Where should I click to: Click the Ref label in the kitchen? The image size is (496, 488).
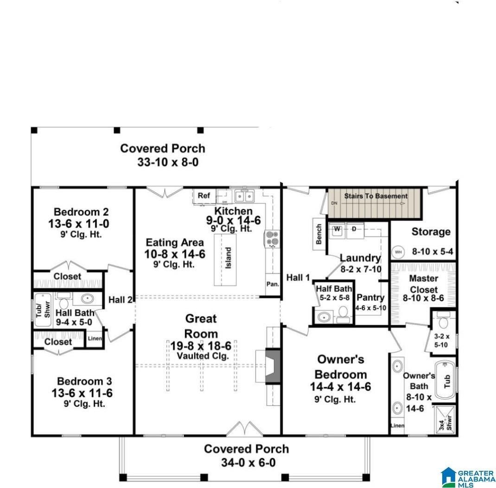click(204, 195)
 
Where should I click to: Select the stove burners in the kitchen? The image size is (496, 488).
click(271, 238)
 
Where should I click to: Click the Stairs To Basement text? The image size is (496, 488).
click(375, 196)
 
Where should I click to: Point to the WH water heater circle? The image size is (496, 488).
click(398, 252)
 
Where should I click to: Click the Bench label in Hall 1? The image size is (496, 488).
click(319, 234)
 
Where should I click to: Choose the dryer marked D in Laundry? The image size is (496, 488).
click(354, 229)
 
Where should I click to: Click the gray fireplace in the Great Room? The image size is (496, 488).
click(273, 365)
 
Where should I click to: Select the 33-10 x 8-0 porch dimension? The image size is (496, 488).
click(162, 163)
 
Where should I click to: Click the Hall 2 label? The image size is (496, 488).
click(120, 300)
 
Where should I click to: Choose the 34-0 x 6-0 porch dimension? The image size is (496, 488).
click(246, 463)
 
